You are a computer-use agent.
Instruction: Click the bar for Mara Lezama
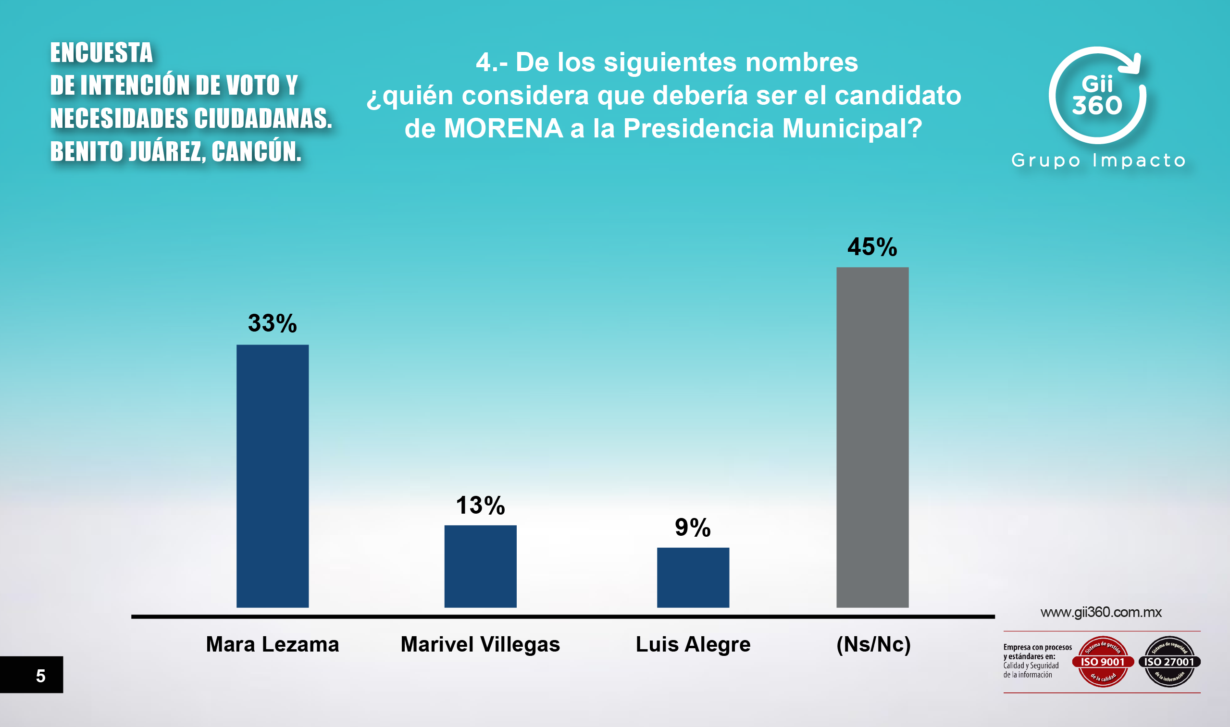(273, 476)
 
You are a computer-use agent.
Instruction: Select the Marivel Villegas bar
(480, 566)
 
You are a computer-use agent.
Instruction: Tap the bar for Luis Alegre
(693, 577)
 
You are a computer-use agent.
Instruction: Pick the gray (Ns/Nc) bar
(872, 437)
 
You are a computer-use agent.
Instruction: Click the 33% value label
(273, 323)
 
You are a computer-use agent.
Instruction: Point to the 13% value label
(480, 505)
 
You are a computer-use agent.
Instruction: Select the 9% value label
(693, 528)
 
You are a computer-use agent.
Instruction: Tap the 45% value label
(872, 247)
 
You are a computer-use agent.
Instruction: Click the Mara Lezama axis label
(273, 644)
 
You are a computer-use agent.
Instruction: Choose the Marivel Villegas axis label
(480, 644)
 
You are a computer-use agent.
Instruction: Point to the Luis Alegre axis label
(693, 644)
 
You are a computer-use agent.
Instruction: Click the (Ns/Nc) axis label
(873, 644)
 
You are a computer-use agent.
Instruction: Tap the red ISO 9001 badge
(1103, 662)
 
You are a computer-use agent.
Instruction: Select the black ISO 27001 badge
(1169, 662)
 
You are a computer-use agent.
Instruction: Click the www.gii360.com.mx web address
(1101, 612)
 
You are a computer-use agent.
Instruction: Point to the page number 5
(41, 676)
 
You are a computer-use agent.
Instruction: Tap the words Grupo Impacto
(1098, 160)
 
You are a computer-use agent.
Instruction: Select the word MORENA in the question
(503, 128)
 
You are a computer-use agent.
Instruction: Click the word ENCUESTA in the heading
(101, 52)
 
